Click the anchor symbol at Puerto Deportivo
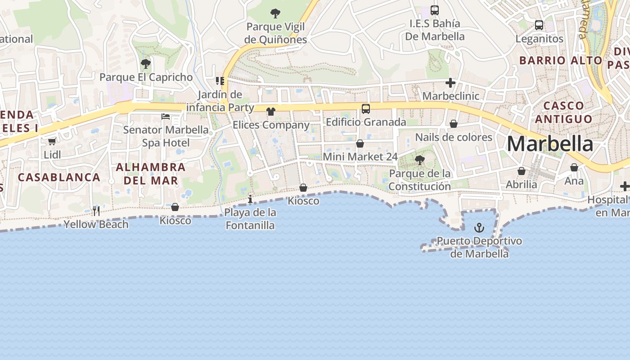click(479, 228)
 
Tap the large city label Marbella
click(550, 144)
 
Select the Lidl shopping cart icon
click(52, 141)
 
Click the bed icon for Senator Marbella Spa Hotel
click(166, 117)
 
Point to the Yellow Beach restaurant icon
click(96, 211)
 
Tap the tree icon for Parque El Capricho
click(145, 63)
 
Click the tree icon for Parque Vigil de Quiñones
click(275, 13)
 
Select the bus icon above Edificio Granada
click(366, 108)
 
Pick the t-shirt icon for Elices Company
click(270, 111)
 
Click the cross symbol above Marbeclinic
click(450, 83)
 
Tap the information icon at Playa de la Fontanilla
click(250, 199)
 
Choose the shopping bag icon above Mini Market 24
click(360, 144)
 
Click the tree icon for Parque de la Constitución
click(419, 160)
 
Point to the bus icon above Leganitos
click(539, 25)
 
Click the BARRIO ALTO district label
click(560, 60)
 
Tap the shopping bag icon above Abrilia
click(522, 171)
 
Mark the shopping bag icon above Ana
click(574, 167)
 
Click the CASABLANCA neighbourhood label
click(59, 177)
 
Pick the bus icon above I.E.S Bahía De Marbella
click(434, 10)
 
